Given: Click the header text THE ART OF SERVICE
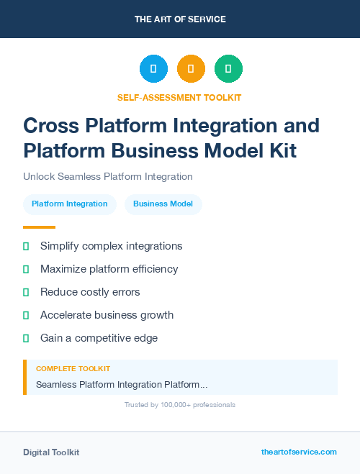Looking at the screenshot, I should pos(180,19).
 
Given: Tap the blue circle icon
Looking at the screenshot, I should pos(153,69).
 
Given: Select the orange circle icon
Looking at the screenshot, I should pos(191,69).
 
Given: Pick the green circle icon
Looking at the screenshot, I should pos(228,69).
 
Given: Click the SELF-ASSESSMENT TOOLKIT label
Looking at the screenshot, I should pos(180,97).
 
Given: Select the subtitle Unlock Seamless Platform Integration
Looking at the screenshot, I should pos(108,176).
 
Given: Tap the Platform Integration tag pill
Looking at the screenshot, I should pos(70,204).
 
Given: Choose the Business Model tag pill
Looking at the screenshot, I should pos(163,204).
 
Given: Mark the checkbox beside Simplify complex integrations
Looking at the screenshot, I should pos(26,246).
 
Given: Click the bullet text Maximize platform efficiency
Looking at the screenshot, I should pos(109,269).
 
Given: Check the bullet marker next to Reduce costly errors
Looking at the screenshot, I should pos(26,292).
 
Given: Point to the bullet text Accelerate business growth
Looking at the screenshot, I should pos(107,315).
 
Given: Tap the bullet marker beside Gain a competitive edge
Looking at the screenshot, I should pos(26,338).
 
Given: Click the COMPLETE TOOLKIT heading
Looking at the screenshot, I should pos(73,368).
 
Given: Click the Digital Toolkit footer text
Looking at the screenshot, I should pos(51,452).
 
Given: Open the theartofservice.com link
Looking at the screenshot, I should pos(299,452).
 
